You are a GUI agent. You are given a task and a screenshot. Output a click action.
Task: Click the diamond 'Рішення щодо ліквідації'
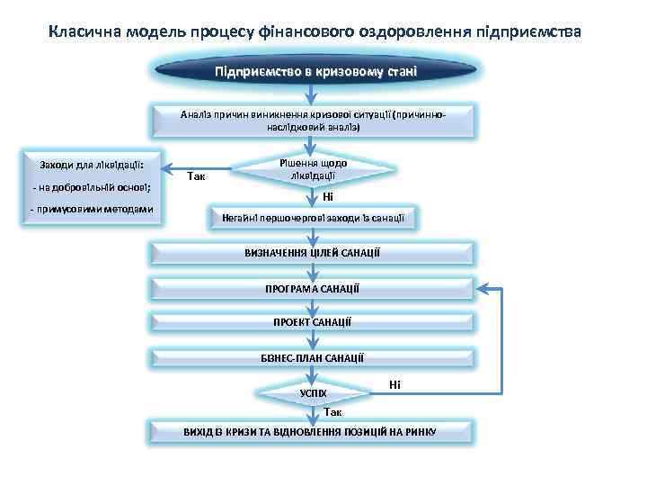(313, 168)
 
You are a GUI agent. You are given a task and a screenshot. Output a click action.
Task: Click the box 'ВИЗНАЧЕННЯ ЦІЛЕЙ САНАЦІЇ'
(313, 253)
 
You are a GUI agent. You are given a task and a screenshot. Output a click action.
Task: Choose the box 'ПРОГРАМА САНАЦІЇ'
(313, 288)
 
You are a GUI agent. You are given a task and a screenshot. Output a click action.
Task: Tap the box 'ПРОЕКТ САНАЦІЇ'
(313, 322)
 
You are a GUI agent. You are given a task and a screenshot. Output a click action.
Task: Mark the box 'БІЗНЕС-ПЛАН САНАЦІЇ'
(313, 357)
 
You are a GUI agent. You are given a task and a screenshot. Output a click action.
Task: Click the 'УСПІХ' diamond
(313, 394)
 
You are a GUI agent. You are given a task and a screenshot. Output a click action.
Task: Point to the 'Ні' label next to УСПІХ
(394, 384)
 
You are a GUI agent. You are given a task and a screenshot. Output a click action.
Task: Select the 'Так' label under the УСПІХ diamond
(332, 412)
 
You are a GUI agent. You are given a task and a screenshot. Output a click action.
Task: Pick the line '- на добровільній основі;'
(90, 187)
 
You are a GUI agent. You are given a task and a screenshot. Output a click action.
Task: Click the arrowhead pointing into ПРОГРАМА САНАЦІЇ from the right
(483, 288)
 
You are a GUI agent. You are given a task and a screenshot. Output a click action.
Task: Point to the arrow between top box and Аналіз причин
(313, 94)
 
